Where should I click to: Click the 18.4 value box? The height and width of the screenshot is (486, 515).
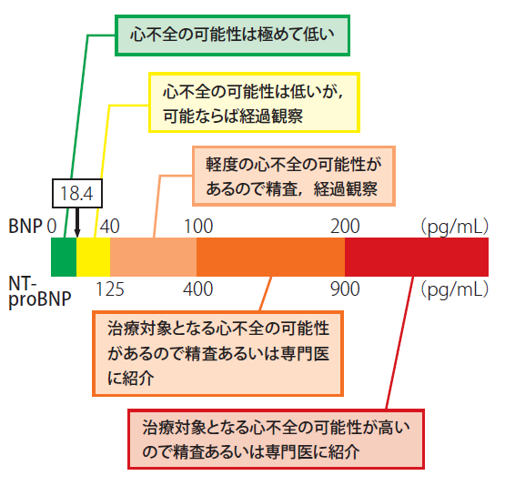[77, 193]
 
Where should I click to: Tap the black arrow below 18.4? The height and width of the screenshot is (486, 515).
[77, 222]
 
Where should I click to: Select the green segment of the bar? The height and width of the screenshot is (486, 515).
[64, 257]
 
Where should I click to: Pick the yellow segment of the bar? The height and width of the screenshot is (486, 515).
[94, 257]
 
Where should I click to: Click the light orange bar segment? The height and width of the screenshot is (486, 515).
[154, 257]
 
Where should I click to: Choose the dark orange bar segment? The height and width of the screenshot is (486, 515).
[270, 257]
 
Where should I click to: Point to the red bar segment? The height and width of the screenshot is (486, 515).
[417, 257]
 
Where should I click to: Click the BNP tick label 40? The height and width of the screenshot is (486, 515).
[110, 227]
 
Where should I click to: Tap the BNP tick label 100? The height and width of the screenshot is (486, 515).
[198, 227]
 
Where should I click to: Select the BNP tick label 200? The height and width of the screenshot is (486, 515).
[345, 227]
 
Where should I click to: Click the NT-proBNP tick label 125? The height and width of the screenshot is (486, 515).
[110, 289]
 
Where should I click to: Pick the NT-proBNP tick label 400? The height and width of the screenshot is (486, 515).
[198, 289]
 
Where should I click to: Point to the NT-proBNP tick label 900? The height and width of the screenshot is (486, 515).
[345, 289]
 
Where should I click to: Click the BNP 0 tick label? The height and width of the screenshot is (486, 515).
[52, 227]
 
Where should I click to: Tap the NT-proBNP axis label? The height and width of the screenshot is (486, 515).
[40, 292]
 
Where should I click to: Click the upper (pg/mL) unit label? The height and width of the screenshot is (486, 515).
[455, 227]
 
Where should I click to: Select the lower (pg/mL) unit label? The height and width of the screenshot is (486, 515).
[455, 290]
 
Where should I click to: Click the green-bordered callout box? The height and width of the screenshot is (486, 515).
[232, 35]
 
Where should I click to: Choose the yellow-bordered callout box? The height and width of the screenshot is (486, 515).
[254, 103]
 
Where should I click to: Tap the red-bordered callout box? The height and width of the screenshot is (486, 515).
[276, 439]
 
